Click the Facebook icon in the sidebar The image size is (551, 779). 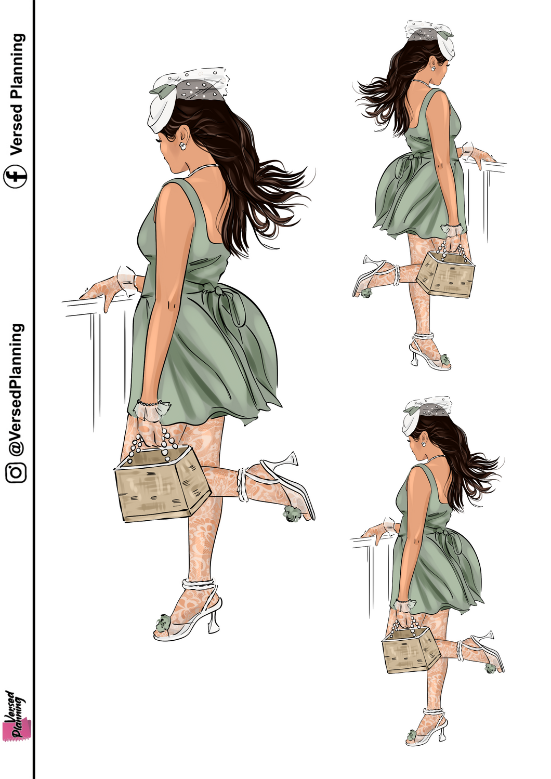tap(16, 177)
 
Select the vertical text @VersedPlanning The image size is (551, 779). tap(16, 390)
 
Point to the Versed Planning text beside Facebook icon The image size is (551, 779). tap(17, 94)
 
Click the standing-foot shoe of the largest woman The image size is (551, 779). tap(190, 616)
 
